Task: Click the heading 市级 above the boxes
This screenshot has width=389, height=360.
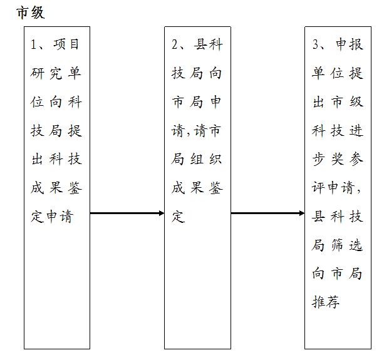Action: coord(31,13)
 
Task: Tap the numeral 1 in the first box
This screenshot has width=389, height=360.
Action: coord(33,44)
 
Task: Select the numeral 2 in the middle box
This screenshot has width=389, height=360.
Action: coord(175,44)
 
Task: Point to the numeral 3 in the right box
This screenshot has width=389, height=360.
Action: coord(315,44)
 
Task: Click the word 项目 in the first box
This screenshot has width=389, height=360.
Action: coord(66,44)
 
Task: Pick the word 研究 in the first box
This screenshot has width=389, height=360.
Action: coord(46,73)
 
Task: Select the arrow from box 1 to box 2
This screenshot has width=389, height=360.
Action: coord(127,213)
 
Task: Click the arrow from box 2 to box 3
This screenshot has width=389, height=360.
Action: coord(267,213)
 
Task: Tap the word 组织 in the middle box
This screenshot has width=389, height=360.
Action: coord(206,159)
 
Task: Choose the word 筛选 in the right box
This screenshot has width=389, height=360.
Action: coord(347,245)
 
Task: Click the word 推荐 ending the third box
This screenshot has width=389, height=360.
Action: coord(326,302)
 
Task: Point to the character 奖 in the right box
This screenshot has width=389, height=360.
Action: coord(338,159)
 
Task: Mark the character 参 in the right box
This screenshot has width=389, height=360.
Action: coord(356,159)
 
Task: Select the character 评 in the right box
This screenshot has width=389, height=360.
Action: coord(319,188)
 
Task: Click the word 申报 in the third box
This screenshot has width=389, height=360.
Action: coord(350,44)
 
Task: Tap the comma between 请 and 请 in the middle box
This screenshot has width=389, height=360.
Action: coord(189,134)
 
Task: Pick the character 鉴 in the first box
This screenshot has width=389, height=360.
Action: coord(75,188)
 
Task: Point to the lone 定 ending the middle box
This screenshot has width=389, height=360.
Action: coord(179,217)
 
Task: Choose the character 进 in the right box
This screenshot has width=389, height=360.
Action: coord(356,130)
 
